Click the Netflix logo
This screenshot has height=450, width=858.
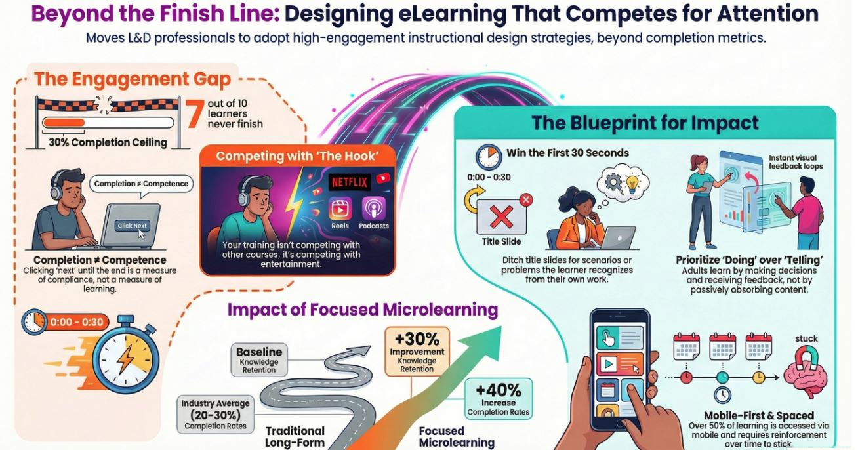[x=350, y=182]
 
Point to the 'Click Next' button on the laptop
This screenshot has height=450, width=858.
[x=133, y=225]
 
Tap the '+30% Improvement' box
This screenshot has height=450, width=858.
[x=417, y=351]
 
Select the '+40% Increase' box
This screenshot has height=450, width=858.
[x=498, y=398]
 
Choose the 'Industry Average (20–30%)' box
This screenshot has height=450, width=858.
[x=215, y=413]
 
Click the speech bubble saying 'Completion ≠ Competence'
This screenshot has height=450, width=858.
[x=141, y=184]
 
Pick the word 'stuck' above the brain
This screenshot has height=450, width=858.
[x=806, y=339]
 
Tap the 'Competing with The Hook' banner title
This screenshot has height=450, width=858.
[x=296, y=156]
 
